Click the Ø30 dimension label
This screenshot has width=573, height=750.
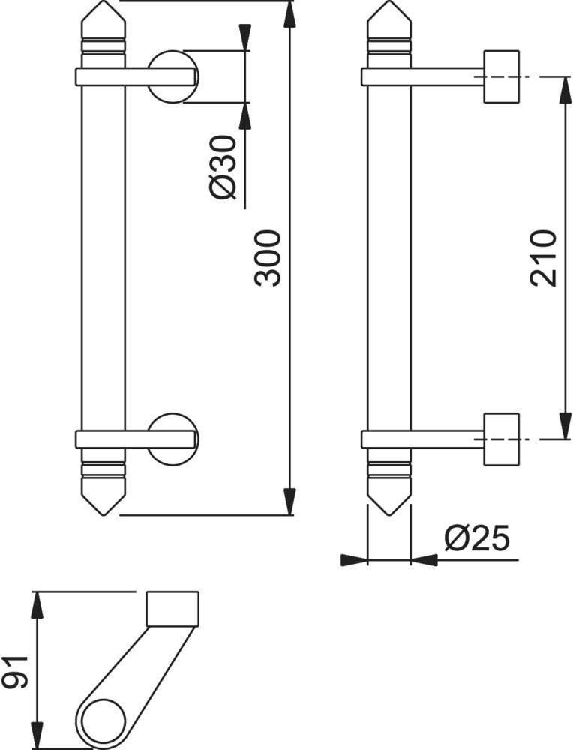(x=223, y=167)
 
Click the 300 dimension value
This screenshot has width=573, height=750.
(x=267, y=258)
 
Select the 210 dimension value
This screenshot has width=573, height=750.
(x=543, y=258)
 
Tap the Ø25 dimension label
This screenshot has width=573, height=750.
(x=477, y=539)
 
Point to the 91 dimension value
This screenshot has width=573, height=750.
(x=14, y=673)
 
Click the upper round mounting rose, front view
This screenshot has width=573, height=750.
(x=172, y=76)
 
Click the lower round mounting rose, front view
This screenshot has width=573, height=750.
(x=172, y=439)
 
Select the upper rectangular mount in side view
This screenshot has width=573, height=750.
(x=501, y=76)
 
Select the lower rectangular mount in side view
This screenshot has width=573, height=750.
(x=501, y=439)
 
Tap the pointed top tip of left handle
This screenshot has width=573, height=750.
(x=103, y=1)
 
